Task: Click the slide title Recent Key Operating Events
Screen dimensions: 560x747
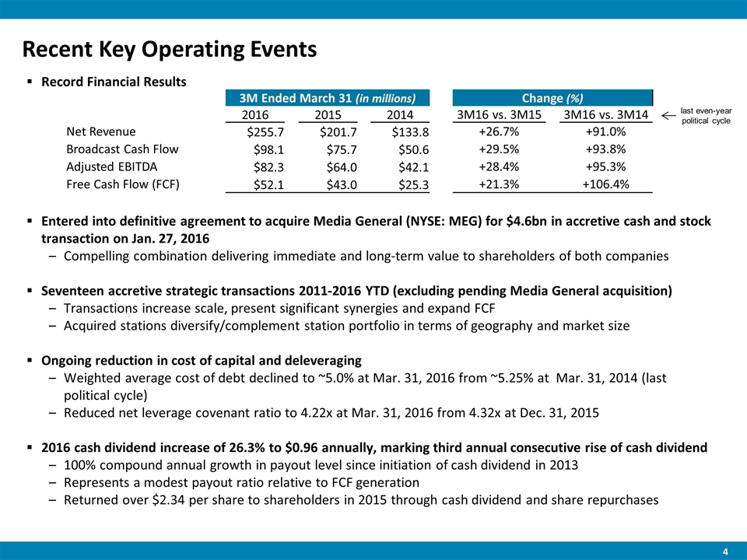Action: [170, 49]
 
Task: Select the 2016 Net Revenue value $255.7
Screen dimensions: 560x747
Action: [263, 132]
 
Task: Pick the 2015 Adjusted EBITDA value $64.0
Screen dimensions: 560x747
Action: [338, 166]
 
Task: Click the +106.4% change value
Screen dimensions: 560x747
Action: [606, 184]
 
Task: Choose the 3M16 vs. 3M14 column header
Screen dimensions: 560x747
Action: [606, 116]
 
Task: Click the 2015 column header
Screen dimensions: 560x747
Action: [327, 116]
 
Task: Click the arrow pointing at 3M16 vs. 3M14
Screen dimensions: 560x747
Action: [668, 116]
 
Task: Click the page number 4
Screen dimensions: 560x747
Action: [725, 551]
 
